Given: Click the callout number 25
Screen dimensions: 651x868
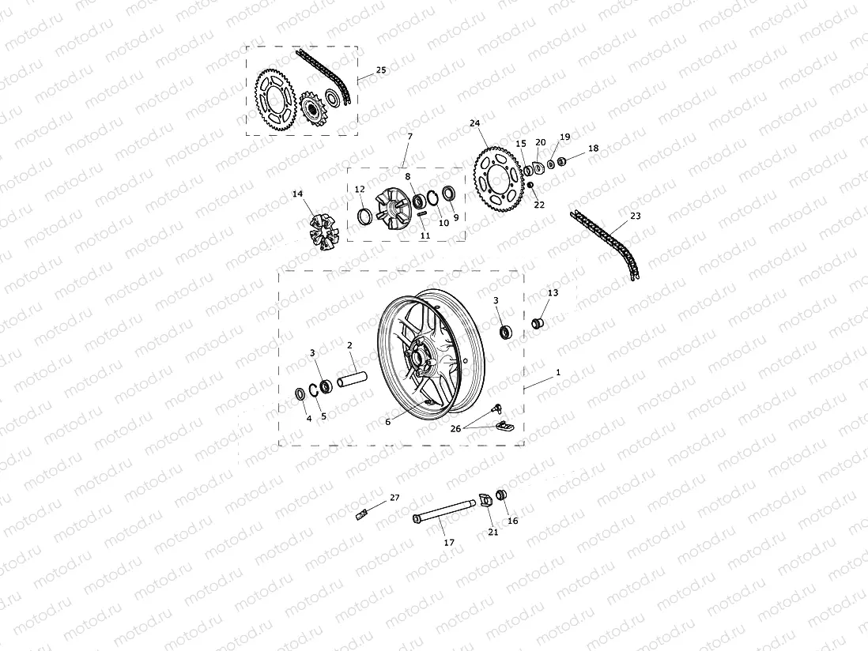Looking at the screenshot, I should click(380, 70).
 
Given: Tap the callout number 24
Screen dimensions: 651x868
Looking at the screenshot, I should click(474, 123).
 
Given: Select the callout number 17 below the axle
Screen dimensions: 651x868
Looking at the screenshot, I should click(449, 543).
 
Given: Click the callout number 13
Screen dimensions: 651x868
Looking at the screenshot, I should click(553, 293).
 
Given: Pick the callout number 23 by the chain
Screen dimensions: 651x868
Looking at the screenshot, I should click(636, 216).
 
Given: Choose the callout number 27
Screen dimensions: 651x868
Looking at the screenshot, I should click(394, 499).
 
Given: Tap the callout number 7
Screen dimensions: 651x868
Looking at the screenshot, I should click(409, 137).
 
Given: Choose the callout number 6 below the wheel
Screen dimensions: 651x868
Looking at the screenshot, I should click(388, 422).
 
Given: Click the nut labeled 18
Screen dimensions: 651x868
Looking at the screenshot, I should click(562, 162).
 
